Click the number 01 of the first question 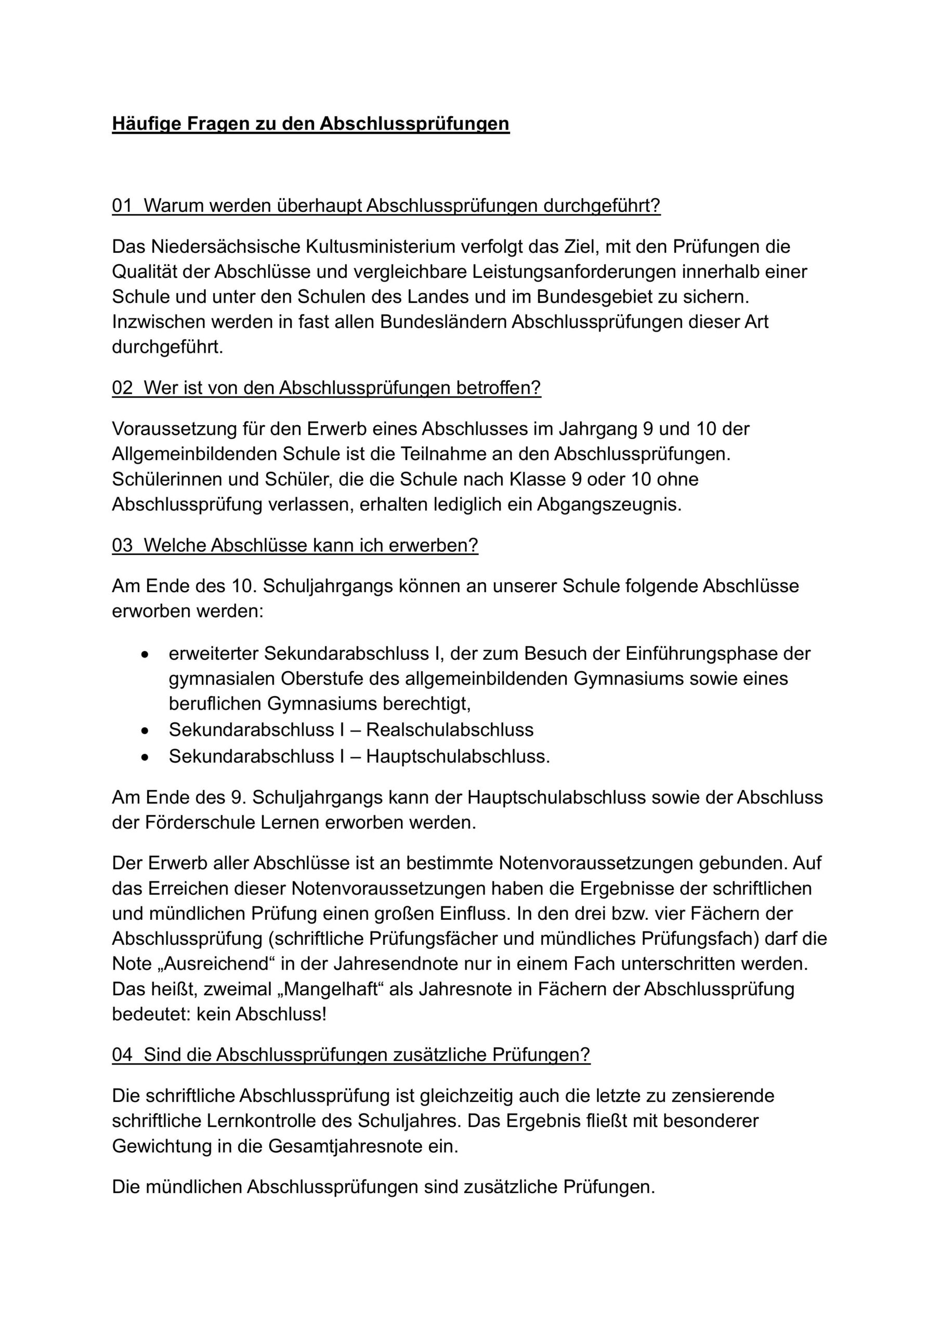pos(122,206)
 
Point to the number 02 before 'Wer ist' pos(122,388)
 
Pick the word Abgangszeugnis pos(609,504)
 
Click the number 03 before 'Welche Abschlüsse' pos(122,545)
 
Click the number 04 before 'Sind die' pos(122,1054)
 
